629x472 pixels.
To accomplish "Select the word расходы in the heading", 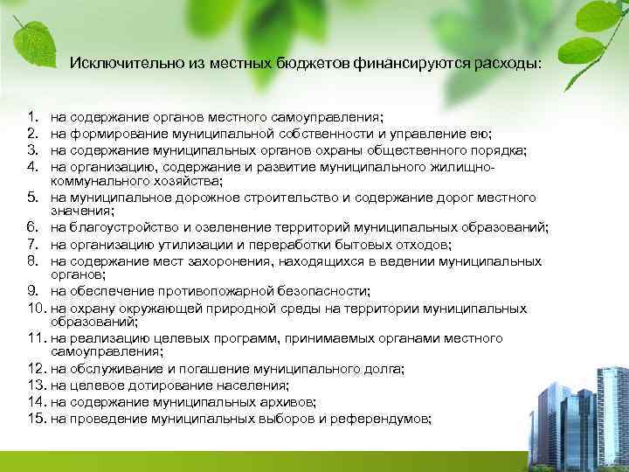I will click(510, 63).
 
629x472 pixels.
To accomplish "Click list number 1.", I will click(32, 115).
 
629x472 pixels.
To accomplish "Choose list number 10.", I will click(36, 309).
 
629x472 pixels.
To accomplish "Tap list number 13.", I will click(36, 385).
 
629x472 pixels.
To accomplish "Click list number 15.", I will click(36, 419).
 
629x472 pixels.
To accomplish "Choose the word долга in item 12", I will click(384, 369).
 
